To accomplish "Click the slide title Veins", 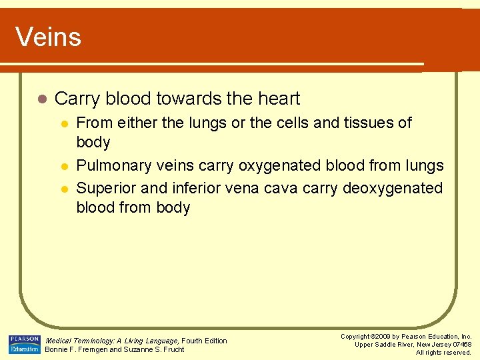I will [x=48, y=37].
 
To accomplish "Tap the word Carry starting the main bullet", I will [x=77, y=99].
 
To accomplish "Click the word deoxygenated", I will [x=393, y=188].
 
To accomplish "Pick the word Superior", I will [x=103, y=188].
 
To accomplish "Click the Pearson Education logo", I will [x=24, y=344].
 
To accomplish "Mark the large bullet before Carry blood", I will [x=41, y=99].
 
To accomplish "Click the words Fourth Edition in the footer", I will [x=204, y=341].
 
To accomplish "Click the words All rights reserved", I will [x=443, y=352].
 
